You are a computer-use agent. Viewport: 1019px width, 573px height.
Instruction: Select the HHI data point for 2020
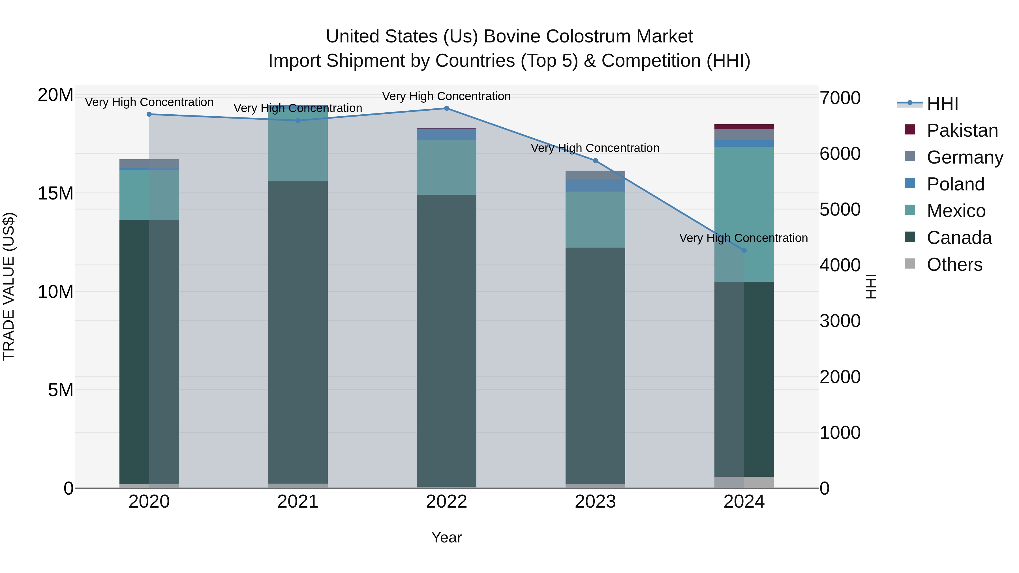pyautogui.click(x=149, y=114)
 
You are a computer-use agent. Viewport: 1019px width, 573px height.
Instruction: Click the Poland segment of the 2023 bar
pyautogui.click(x=595, y=185)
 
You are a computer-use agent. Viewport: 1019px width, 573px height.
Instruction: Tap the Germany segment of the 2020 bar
pyautogui.click(x=149, y=163)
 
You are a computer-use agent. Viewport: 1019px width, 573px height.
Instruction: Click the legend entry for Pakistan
pyautogui.click(x=962, y=130)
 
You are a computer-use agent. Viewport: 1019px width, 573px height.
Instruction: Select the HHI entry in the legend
pyautogui.click(x=942, y=104)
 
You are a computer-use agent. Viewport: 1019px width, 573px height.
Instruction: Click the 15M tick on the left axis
pyautogui.click(x=55, y=193)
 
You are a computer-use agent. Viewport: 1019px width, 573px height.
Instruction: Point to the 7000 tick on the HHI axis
pyautogui.click(x=840, y=98)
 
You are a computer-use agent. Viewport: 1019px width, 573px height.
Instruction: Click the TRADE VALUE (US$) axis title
pyautogui.click(x=9, y=286)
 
